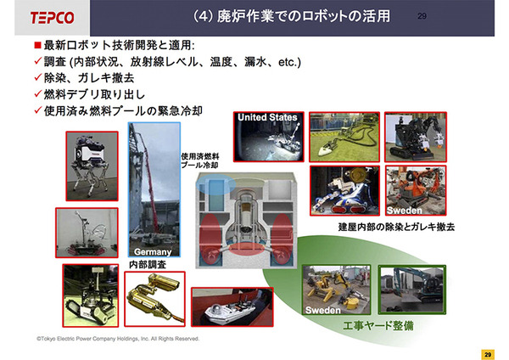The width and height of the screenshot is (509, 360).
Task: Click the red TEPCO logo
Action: [x=53, y=18]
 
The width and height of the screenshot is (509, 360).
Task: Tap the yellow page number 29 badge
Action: [x=488, y=354]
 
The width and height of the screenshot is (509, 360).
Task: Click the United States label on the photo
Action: [x=267, y=117]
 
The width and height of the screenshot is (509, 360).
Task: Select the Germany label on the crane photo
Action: [x=153, y=252]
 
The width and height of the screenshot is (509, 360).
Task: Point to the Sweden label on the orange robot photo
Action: [x=405, y=211]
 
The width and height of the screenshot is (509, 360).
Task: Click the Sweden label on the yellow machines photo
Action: [x=323, y=310]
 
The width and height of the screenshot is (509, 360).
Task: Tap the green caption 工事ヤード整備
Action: [x=378, y=325]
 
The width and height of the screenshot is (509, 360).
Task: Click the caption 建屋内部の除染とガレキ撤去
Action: [x=396, y=227]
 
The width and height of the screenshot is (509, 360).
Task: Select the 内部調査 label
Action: [x=148, y=264]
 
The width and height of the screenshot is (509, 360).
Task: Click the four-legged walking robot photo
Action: [x=92, y=166]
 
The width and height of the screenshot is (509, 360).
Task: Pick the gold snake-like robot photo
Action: [x=155, y=299]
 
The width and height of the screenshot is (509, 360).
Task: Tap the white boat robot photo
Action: [x=232, y=307]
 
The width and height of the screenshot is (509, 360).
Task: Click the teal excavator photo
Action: [x=412, y=290]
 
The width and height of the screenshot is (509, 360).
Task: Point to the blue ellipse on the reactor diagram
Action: [x=215, y=184]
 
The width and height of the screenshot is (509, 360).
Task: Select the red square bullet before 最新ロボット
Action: [x=37, y=45]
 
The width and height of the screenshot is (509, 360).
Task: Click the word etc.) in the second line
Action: [x=289, y=62]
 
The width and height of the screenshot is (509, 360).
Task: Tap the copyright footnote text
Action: [x=118, y=339]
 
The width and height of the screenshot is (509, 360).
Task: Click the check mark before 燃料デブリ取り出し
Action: [x=38, y=94]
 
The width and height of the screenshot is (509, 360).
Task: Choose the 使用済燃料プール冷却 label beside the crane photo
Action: [x=199, y=160]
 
